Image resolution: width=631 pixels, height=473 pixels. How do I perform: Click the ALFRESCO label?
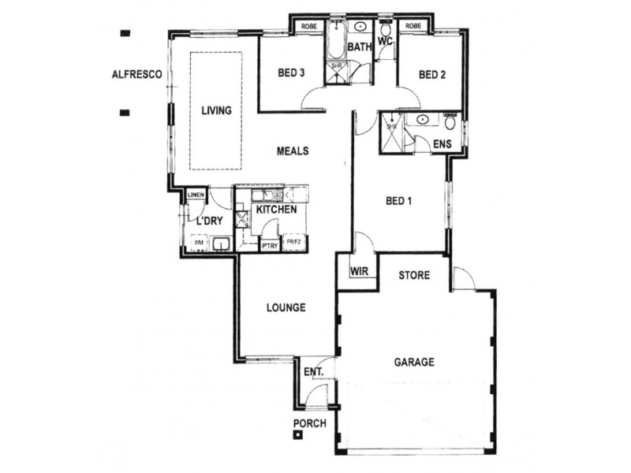137,76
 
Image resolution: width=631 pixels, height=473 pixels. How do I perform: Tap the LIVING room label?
215,111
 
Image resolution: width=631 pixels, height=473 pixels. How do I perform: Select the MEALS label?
292,151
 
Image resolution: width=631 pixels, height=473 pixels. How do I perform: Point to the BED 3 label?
291,75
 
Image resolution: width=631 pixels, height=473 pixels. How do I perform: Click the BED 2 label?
432,76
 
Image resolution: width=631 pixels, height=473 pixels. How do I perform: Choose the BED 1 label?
399,201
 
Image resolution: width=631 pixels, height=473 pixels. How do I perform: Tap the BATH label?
360,47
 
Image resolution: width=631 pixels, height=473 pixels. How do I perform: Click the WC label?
385,40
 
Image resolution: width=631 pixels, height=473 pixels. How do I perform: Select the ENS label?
442,143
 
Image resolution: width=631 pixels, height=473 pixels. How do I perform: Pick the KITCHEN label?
276,210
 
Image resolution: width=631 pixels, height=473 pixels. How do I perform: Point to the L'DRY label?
210,222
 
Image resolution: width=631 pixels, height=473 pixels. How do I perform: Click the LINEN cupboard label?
196,195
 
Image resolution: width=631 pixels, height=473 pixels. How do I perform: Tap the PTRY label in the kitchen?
269,245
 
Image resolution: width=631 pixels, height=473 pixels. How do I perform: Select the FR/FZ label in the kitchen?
294,243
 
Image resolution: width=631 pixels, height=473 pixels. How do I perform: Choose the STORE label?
413,276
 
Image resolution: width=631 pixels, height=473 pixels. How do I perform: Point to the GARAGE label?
414,363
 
